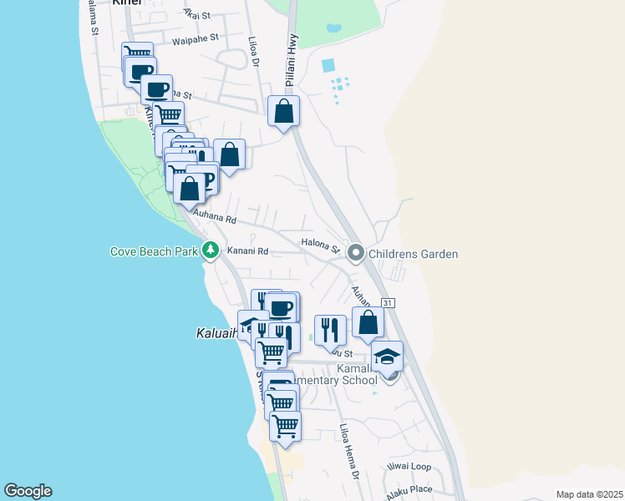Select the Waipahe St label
point(195,38)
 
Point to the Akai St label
point(197,14)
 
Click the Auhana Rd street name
point(216,219)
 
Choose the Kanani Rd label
point(250,251)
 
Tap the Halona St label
point(320,247)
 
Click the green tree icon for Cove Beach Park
point(211,250)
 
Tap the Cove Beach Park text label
point(154,251)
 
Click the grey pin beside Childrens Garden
point(356,252)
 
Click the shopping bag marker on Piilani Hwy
point(283,110)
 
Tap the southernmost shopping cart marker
point(286,425)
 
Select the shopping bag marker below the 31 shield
point(368,322)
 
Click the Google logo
point(28,491)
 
